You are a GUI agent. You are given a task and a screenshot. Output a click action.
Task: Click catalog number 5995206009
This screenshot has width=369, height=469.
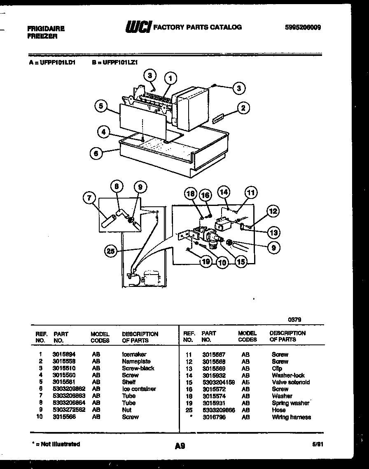[303, 28]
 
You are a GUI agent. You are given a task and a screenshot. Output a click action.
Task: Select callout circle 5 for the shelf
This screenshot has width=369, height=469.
[100, 106]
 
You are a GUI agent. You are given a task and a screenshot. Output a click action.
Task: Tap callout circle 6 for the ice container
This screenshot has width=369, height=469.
[96, 153]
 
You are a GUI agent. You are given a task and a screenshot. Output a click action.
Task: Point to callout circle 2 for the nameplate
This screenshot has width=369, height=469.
[243, 108]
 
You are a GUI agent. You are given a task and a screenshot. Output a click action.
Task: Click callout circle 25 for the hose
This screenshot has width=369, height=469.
[111, 251]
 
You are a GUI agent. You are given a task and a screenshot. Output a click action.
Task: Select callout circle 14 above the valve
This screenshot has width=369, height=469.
[224, 192]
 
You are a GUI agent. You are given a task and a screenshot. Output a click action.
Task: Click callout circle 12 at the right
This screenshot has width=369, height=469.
[273, 212]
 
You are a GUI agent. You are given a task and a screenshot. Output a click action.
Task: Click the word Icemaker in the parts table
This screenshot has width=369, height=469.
[134, 354]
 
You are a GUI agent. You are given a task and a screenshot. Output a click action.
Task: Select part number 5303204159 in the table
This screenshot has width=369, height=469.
[218, 382]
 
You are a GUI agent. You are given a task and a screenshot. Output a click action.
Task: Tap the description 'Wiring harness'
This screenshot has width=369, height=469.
[291, 417]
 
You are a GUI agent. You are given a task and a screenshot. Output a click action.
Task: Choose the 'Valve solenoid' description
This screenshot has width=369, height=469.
[290, 382]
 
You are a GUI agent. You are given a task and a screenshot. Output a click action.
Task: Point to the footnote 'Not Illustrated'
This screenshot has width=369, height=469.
[56, 444]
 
